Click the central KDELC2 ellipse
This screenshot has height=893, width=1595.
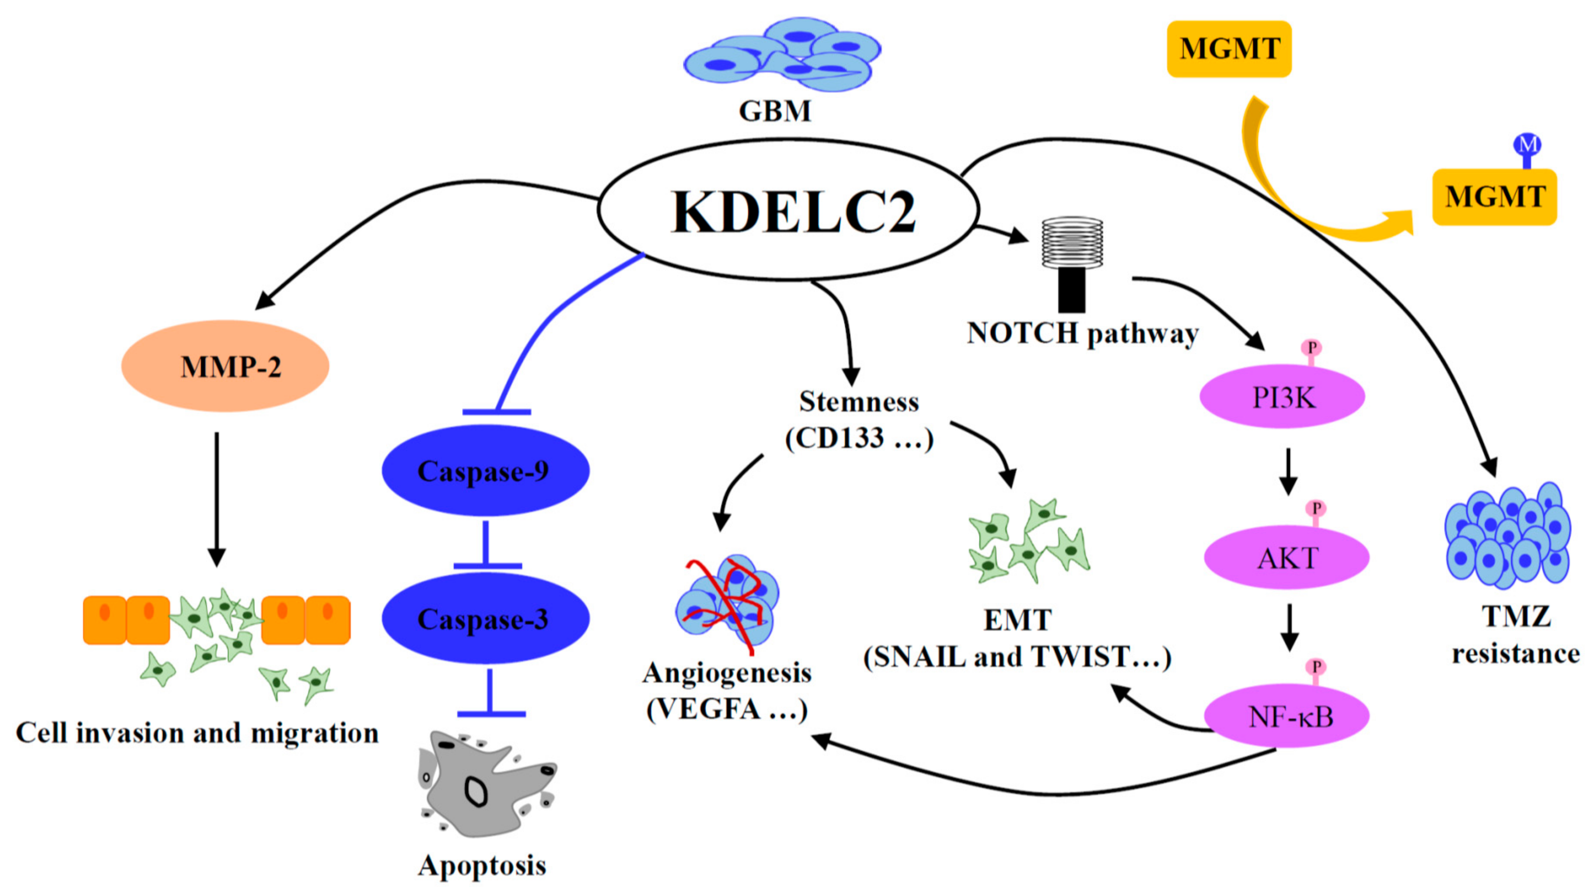788,210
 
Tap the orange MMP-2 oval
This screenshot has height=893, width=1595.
226,366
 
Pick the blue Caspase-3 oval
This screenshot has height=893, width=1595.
485,619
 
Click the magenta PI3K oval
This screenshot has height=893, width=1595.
1282,397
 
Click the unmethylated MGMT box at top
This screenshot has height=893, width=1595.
1229,49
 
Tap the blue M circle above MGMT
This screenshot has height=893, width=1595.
1527,145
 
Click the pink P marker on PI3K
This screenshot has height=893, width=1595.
1311,348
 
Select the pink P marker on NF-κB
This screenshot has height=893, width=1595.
1316,668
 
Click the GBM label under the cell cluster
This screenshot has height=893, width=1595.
775,111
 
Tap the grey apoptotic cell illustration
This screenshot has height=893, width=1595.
486,783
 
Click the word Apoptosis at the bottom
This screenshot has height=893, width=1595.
482,865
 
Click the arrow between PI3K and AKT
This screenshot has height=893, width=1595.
1288,472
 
